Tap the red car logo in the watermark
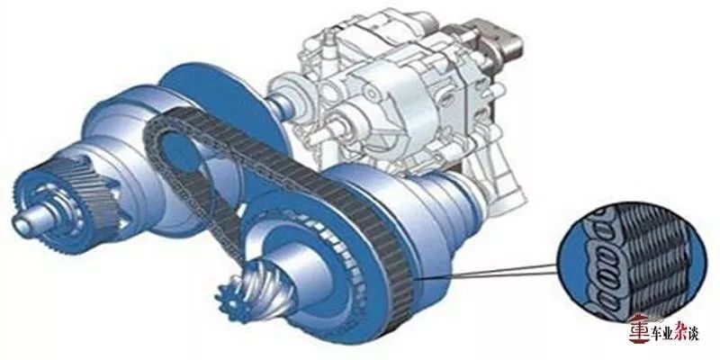[x=639, y=328]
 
